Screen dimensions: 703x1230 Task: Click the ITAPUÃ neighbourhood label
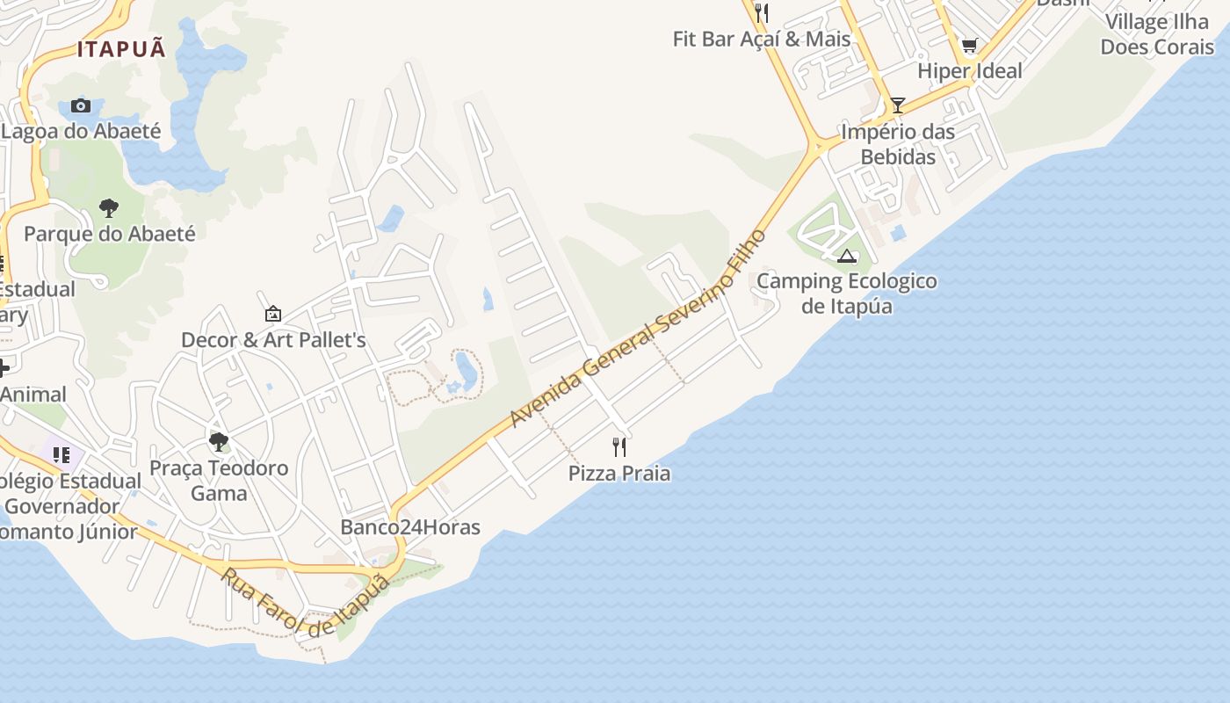[121, 49]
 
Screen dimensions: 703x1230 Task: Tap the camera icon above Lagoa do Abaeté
[81, 106]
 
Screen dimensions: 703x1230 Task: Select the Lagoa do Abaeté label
[81, 132]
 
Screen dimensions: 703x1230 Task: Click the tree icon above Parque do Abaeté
[109, 208]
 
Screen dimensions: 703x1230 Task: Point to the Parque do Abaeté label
[109, 234]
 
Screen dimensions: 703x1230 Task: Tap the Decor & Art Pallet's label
[273, 340]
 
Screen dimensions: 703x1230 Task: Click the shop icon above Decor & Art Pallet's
[273, 314]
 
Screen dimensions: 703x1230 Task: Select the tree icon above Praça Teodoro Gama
[219, 442]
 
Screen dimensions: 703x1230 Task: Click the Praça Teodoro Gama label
[219, 480]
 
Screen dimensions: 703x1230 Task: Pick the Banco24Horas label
[410, 527]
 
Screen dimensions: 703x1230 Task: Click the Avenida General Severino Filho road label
[639, 329]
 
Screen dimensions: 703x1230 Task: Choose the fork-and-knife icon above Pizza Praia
[619, 447]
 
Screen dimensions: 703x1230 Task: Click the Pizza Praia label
[619, 474]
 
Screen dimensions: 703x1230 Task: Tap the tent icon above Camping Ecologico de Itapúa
[847, 256]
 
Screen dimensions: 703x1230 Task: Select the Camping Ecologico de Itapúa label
[847, 294]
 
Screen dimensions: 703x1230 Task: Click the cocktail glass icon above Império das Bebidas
[897, 105]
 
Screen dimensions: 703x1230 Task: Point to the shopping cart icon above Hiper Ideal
[969, 46]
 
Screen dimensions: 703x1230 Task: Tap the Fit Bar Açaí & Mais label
[762, 39]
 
